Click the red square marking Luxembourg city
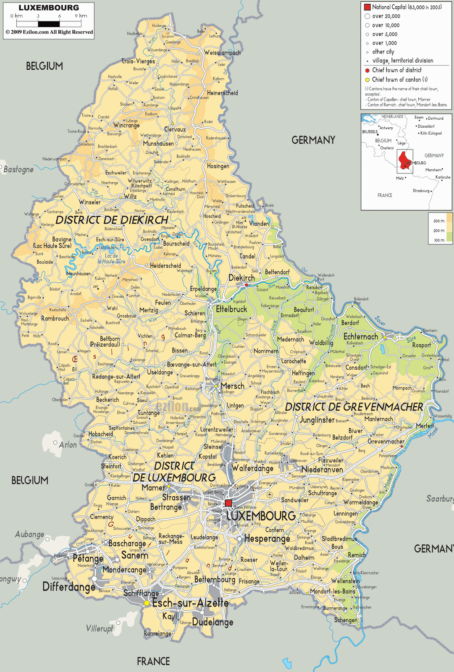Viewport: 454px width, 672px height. point(228,503)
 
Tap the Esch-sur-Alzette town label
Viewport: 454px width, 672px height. point(190,603)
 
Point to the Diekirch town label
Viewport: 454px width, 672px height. point(241,278)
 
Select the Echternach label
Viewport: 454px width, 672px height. point(360,336)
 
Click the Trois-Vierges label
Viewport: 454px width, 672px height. point(138,61)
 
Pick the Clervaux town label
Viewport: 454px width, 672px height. point(175,129)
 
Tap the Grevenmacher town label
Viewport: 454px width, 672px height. point(386,441)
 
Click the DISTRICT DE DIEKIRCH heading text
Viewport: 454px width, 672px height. point(112,220)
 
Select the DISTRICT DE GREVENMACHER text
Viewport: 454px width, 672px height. point(354,407)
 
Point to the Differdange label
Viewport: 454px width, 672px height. point(68,587)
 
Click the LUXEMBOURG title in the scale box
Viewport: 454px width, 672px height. point(49,8)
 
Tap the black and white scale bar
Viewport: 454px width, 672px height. point(49,24)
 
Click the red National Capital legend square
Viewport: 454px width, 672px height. point(367,7)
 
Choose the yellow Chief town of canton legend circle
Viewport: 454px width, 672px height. point(367,80)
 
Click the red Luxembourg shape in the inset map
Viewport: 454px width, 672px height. point(404,160)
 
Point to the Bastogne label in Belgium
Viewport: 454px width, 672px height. point(18,169)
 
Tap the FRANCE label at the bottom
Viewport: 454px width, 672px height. point(153,661)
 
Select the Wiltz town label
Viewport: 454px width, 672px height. point(130,196)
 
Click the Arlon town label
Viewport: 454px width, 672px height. point(68,445)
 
